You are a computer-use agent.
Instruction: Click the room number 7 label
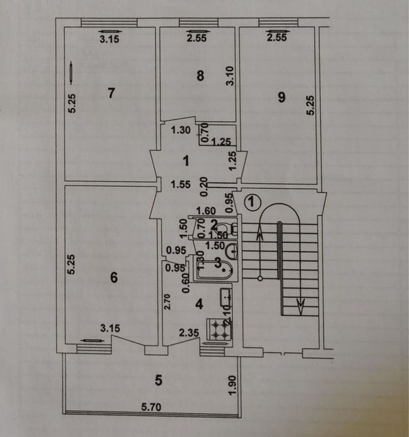(x=111, y=93)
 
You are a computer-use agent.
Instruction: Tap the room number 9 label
(x=282, y=97)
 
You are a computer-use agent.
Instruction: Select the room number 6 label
(x=114, y=278)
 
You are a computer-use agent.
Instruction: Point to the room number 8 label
(x=200, y=76)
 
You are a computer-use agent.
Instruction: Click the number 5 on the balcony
(x=159, y=380)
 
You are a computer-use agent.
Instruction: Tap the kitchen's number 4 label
(x=199, y=304)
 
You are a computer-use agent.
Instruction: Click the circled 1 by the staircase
(x=252, y=202)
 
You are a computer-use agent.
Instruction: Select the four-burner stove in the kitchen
(x=219, y=329)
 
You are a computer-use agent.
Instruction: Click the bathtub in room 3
(x=214, y=270)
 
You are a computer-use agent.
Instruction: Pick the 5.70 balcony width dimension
(x=151, y=407)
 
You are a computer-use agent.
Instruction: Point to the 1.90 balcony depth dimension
(x=232, y=385)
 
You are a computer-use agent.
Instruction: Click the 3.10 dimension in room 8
(x=230, y=76)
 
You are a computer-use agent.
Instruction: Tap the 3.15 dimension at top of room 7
(x=109, y=39)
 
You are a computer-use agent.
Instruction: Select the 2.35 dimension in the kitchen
(x=189, y=333)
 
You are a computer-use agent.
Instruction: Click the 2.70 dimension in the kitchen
(x=167, y=302)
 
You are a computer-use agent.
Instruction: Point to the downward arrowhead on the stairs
(x=300, y=303)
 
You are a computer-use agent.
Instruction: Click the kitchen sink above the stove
(x=226, y=297)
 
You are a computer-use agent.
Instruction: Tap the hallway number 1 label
(x=186, y=161)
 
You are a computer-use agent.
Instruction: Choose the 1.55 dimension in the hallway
(x=180, y=185)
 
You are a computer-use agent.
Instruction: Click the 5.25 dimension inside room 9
(x=310, y=105)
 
